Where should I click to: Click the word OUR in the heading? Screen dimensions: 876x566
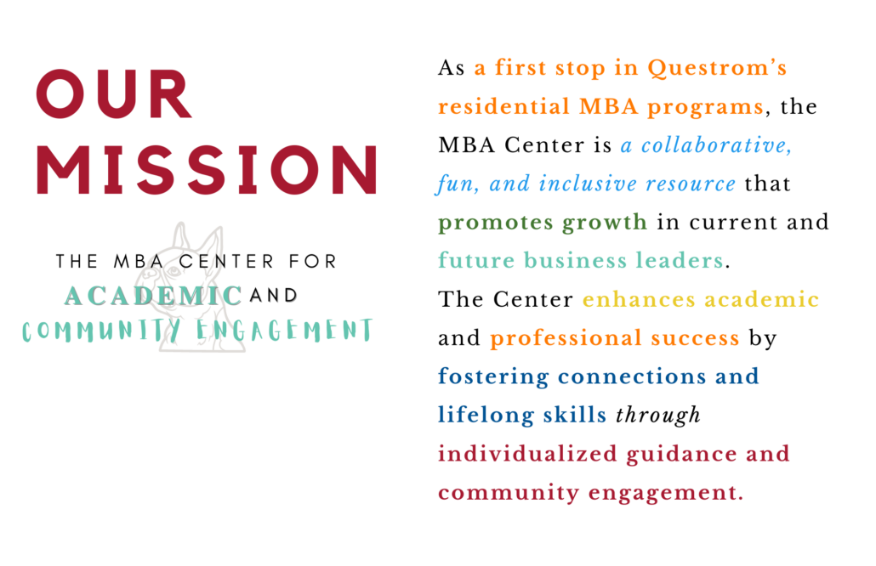[114, 93]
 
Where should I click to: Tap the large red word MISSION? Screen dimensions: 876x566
[207, 170]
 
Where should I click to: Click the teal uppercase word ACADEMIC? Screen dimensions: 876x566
[153, 296]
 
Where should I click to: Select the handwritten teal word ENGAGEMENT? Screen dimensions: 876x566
[284, 331]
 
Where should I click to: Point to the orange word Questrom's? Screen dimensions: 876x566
[717, 68]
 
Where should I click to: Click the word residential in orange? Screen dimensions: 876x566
[504, 106]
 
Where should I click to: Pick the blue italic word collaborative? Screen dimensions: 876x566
[716, 145]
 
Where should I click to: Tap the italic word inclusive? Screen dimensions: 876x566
[587, 184]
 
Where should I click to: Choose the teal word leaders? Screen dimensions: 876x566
[680, 260]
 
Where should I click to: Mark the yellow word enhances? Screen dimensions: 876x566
[639, 300]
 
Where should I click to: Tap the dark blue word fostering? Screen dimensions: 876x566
[493, 376]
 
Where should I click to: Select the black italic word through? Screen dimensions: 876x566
[658, 416]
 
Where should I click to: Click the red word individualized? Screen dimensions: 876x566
[527, 453]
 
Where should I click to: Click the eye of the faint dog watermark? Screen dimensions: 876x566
[173, 272]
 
